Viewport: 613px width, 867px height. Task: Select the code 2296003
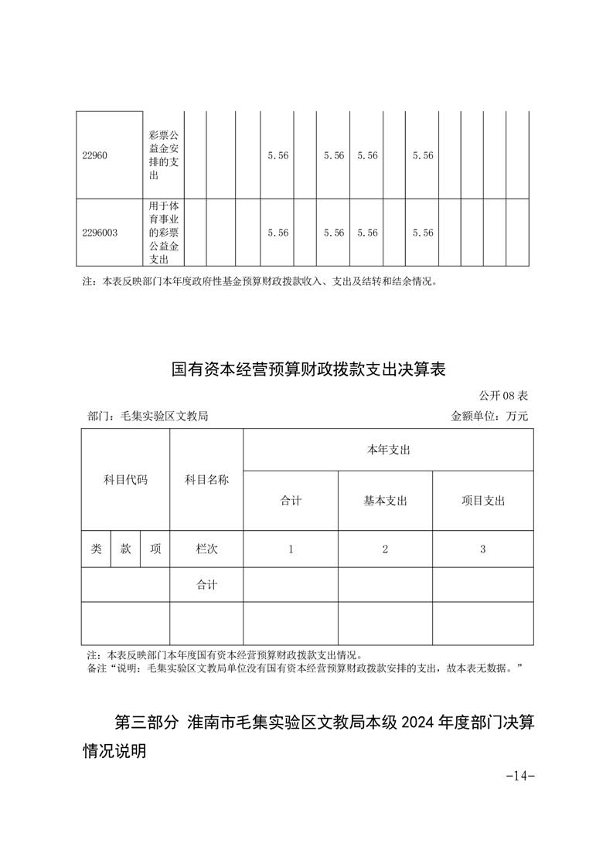pyautogui.click(x=100, y=233)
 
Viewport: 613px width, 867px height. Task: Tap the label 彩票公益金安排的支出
pyautogui.click(x=163, y=155)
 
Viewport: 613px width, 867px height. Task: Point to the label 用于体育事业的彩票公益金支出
pyautogui.click(x=163, y=233)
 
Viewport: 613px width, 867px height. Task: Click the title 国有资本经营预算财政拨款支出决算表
pyautogui.click(x=308, y=369)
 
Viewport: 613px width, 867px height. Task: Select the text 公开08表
pyautogui.click(x=503, y=396)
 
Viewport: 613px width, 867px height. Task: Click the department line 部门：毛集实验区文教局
pyautogui.click(x=148, y=416)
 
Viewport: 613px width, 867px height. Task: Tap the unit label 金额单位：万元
pyautogui.click(x=489, y=416)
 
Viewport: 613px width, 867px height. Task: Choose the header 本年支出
pyautogui.click(x=388, y=450)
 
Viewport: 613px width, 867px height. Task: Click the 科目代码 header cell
pyautogui.click(x=125, y=480)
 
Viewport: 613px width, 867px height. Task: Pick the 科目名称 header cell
pyautogui.click(x=206, y=480)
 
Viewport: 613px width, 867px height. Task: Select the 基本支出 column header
pyautogui.click(x=385, y=501)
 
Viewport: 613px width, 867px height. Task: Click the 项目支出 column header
pyautogui.click(x=482, y=501)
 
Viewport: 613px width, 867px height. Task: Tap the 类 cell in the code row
pyautogui.click(x=96, y=549)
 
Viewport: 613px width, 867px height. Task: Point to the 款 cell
pyautogui.click(x=125, y=549)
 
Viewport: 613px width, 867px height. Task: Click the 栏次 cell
pyautogui.click(x=206, y=549)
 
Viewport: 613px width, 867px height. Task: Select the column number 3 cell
pyautogui.click(x=482, y=549)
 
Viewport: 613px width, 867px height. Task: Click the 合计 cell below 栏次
pyautogui.click(x=206, y=585)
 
